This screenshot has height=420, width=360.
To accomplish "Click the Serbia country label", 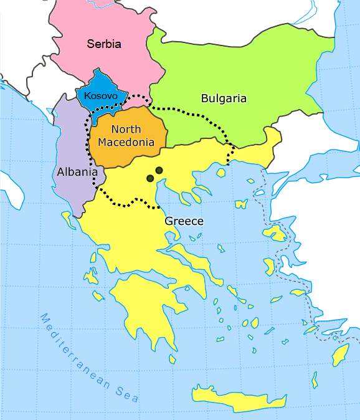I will click(x=104, y=44).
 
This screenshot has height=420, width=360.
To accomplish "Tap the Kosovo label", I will click(x=100, y=96).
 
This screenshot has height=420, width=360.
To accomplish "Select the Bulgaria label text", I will click(x=224, y=98).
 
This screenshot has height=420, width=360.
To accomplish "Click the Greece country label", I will click(x=184, y=221).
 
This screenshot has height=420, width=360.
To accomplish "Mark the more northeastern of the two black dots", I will click(x=159, y=170).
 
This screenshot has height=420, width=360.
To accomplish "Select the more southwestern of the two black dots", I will click(x=150, y=179).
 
